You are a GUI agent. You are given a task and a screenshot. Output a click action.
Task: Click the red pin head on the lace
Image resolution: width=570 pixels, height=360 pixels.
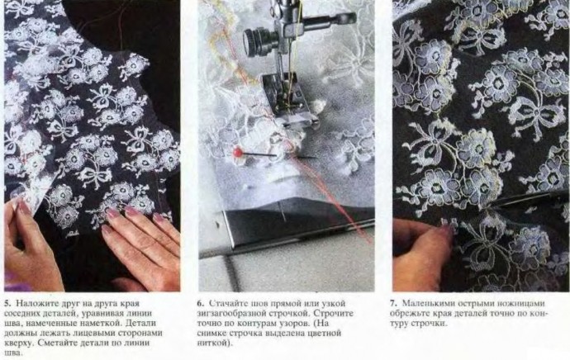(238, 153)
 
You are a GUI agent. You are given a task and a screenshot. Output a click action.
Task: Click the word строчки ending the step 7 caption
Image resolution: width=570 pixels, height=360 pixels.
(432, 324)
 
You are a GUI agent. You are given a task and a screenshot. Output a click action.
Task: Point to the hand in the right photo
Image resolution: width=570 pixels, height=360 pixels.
(421, 254)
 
